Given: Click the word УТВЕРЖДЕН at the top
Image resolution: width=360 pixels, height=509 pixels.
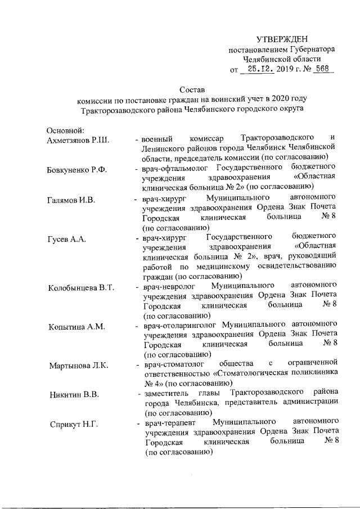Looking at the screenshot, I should [x=282, y=39].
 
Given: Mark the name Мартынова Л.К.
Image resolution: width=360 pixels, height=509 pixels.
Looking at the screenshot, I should [x=78, y=367].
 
